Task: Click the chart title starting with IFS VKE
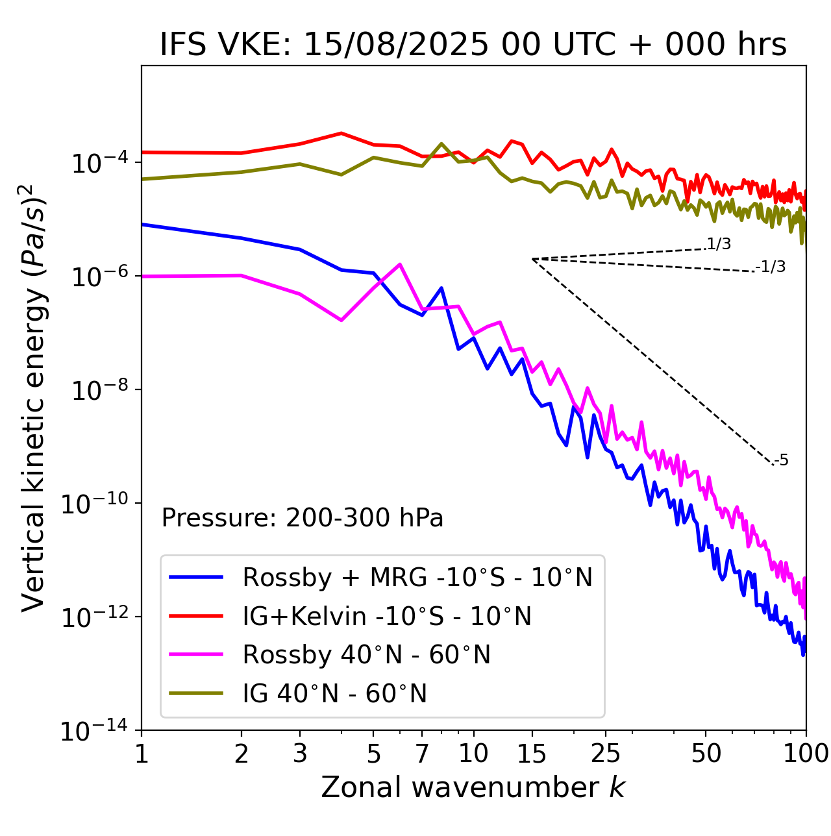[473, 45]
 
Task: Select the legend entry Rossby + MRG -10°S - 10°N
[417, 577]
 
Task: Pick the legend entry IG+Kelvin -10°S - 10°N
[387, 616]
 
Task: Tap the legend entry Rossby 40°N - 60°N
[366, 655]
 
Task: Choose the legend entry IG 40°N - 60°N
[334, 694]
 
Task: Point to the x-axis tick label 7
[422, 754]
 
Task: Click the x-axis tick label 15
[532, 754]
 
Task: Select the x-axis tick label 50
[706, 754]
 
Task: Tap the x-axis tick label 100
[806, 754]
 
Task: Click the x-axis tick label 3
[300, 754]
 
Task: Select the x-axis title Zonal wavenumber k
[473, 787]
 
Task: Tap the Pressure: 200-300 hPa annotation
[303, 518]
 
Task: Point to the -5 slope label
[781, 461]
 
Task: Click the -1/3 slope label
[771, 267]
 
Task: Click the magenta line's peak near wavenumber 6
[400, 264]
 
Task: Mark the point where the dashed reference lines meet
[532, 259]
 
